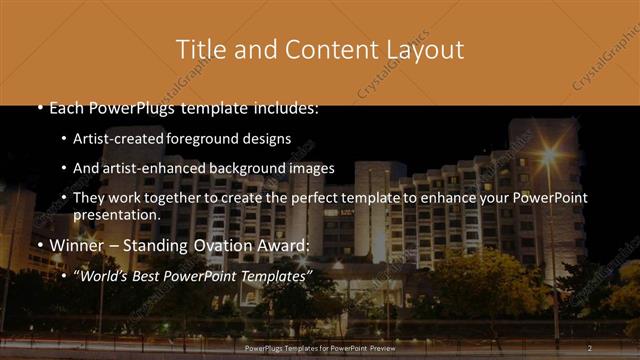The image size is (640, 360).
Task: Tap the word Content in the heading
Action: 327,49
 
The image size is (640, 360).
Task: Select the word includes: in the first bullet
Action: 283,107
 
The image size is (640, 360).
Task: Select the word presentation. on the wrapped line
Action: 117,214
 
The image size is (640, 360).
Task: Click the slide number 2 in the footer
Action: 590,346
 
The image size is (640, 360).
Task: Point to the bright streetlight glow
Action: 548,156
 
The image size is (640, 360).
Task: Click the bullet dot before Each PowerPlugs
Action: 39,108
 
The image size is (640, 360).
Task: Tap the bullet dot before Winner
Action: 39,246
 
